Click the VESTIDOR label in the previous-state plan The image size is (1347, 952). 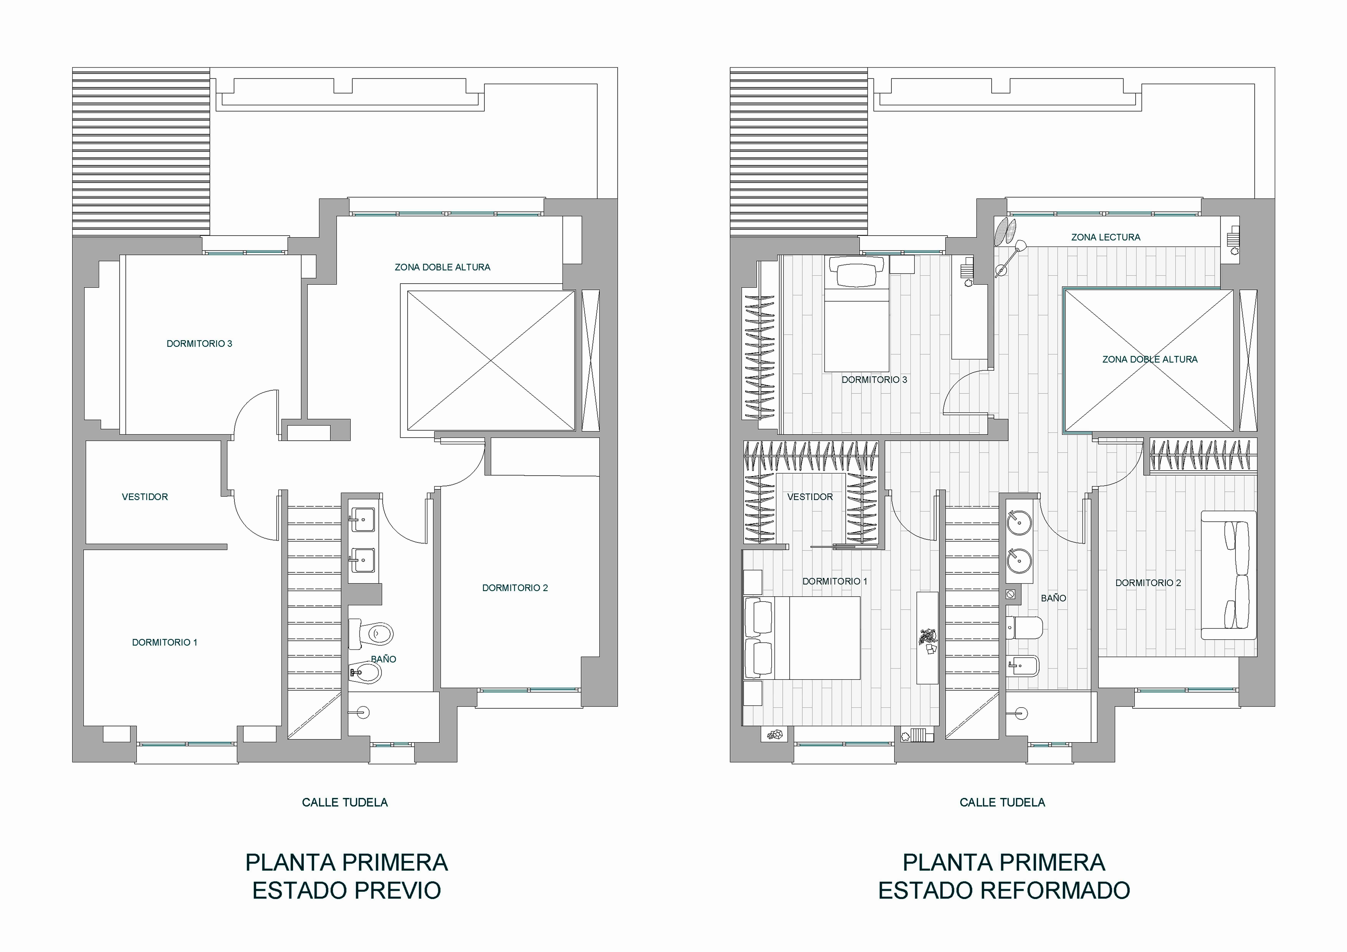pyautogui.click(x=145, y=497)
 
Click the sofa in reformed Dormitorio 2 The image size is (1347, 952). pyautogui.click(x=1229, y=575)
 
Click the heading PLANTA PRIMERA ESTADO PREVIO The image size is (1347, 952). pyautogui.click(x=347, y=876)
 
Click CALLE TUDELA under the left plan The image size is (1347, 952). pyautogui.click(x=345, y=802)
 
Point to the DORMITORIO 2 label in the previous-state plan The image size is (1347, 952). pyautogui.click(x=515, y=588)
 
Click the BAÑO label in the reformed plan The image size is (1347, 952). pyautogui.click(x=1054, y=598)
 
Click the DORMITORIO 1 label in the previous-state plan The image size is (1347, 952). pyautogui.click(x=165, y=642)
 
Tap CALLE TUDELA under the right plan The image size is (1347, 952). pyautogui.click(x=1003, y=802)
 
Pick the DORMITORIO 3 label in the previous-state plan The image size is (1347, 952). pyautogui.click(x=199, y=344)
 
